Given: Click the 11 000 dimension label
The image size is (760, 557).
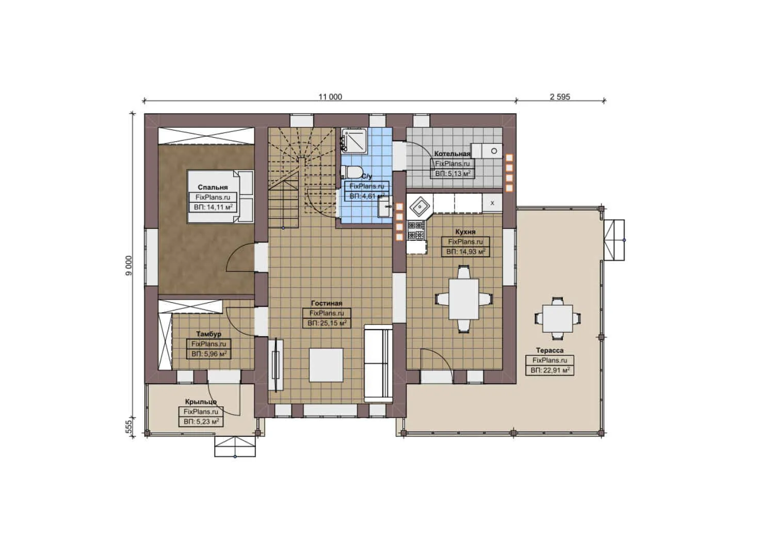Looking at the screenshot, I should (x=330, y=97).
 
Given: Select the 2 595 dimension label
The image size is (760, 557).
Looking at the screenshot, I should (x=560, y=97).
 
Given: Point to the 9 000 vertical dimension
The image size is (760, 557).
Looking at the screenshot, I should (x=128, y=265).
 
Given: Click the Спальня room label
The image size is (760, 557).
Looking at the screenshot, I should (x=213, y=187).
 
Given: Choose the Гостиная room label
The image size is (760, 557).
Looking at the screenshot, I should (x=326, y=304).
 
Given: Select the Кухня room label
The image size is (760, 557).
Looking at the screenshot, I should (x=465, y=232).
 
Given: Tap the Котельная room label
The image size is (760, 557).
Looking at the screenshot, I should (x=452, y=154).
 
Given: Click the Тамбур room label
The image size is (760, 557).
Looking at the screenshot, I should (x=208, y=334).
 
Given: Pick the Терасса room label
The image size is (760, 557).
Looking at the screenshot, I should (x=549, y=351).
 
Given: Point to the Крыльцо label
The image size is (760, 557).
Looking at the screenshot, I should (x=201, y=402).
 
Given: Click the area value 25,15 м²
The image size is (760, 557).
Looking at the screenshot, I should (x=327, y=323).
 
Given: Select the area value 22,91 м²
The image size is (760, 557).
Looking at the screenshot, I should (x=550, y=370).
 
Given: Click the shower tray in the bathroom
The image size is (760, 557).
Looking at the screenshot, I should (x=354, y=140).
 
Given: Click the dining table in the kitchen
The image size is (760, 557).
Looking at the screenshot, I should (x=463, y=299).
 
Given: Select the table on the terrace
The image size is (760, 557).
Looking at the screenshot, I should (x=557, y=319).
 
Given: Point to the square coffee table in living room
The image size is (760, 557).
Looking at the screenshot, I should (x=326, y=365).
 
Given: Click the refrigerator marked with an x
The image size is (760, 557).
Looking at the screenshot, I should (x=492, y=203).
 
